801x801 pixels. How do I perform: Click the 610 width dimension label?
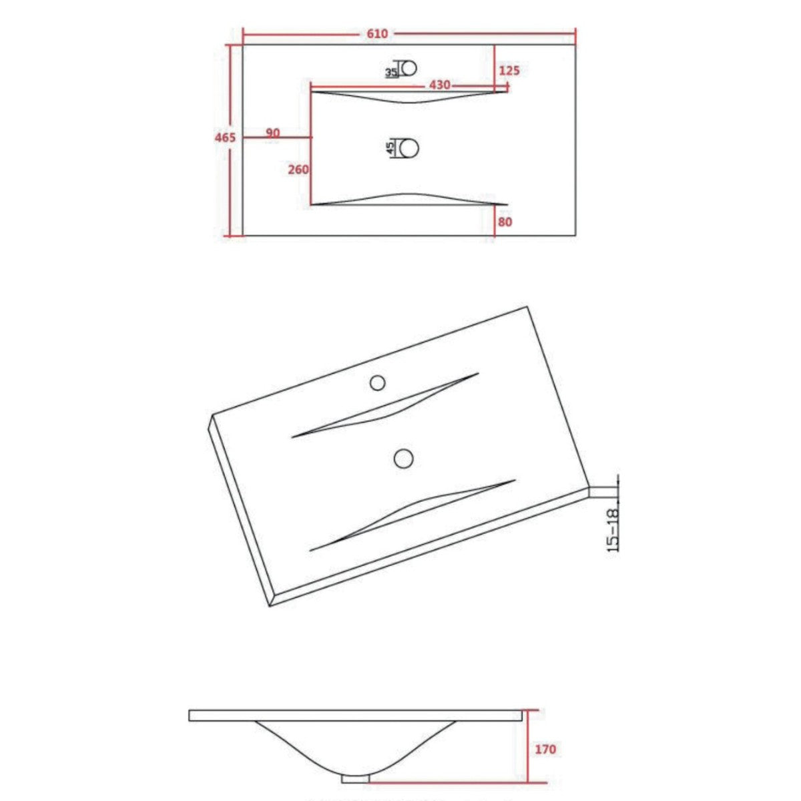click(x=377, y=34)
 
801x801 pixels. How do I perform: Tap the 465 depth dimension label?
click(x=225, y=138)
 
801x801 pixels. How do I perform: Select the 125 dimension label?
click(x=509, y=70)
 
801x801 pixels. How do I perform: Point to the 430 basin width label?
click(x=439, y=85)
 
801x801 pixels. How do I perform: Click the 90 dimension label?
click(x=272, y=133)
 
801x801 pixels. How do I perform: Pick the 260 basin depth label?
click(x=298, y=170)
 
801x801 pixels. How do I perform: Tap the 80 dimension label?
click(x=505, y=222)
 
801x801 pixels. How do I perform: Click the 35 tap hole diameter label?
click(x=391, y=72)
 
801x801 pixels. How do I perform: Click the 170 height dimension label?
click(x=545, y=750)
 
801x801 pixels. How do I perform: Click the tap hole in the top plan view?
click(x=408, y=68)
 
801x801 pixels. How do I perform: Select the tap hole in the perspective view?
click(x=378, y=382)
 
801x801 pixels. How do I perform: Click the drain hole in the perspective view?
click(x=403, y=458)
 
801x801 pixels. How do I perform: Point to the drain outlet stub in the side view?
click(x=355, y=778)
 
